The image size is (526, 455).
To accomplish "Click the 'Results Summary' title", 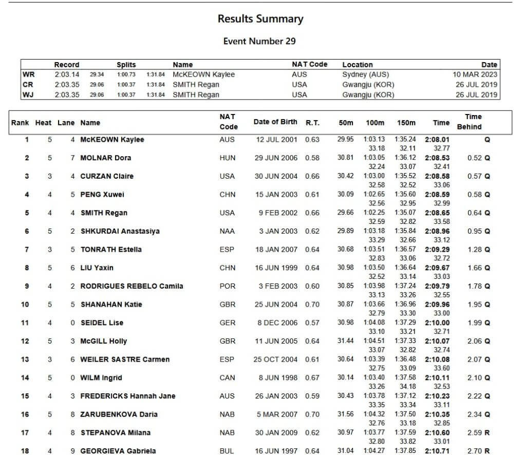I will click(260, 19).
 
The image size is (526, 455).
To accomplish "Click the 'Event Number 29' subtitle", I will click(259, 41).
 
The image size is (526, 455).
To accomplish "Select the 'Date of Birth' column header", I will click(275, 122).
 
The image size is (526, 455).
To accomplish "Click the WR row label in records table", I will click(28, 74).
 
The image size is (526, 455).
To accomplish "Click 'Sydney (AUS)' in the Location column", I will click(365, 74).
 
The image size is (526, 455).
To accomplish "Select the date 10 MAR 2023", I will click(475, 74).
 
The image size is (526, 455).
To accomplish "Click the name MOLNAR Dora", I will click(105, 158).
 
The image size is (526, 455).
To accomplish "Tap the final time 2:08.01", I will click(437, 139).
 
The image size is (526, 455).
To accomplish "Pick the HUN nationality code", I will click(227, 158).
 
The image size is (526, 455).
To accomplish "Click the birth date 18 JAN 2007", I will click(276, 250).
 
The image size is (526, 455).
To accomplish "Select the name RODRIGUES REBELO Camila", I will click(131, 286).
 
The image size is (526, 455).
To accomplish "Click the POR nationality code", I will click(227, 286).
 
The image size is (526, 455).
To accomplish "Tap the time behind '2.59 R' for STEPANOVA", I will click(478, 433).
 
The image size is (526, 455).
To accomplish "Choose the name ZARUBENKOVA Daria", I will click(119, 414).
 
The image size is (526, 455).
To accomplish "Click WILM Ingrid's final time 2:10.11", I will click(437, 378).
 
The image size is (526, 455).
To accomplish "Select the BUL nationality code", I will click(227, 451).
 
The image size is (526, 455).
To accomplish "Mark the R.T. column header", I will click(312, 122).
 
